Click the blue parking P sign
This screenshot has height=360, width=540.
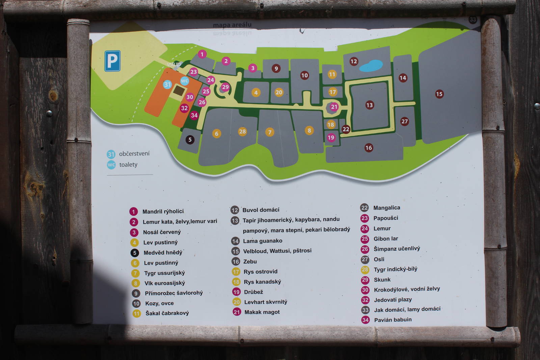point(112,61)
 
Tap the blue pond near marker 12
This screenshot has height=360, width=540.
point(371,65)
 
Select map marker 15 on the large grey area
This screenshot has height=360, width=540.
point(439,94)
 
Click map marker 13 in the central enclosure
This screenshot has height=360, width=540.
point(370,105)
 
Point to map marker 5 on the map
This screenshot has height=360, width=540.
point(190,140)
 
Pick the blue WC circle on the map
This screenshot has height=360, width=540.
point(184,81)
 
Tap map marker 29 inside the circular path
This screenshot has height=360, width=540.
point(225,87)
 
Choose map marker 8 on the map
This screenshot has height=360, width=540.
point(309,131)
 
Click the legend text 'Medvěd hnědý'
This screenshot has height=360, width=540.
point(163,252)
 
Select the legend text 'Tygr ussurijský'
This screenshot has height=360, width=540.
point(164,273)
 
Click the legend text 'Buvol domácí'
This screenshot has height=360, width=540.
point(261,210)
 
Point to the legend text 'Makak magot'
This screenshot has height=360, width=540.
point(262,312)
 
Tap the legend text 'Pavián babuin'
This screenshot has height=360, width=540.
point(393,320)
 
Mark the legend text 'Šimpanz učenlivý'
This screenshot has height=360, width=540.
point(397,249)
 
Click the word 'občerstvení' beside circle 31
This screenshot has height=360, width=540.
point(134,154)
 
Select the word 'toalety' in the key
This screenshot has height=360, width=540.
point(128,165)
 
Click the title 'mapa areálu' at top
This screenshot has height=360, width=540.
point(232,25)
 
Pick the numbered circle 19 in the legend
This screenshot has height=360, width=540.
point(236,292)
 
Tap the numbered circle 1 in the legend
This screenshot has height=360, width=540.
point(134,212)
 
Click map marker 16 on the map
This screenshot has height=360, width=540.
point(369,147)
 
